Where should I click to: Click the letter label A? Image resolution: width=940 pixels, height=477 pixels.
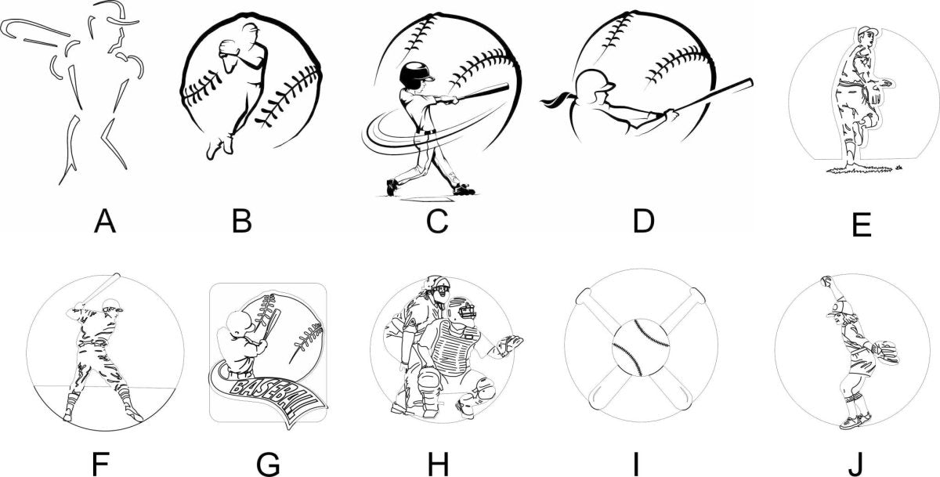point(105,221)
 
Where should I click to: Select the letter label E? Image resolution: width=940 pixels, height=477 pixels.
point(862,225)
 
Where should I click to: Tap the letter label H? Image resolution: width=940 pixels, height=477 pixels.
point(438,464)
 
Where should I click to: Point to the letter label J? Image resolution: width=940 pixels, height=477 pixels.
point(855,464)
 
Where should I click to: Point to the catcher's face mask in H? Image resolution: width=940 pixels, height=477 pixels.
point(464,313)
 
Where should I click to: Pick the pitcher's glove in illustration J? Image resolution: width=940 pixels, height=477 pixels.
point(884,352)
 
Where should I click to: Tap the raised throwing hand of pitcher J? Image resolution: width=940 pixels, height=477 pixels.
point(826,281)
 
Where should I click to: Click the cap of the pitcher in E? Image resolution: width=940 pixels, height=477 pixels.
point(866,32)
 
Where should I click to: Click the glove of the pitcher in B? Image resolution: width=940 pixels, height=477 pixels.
point(230,48)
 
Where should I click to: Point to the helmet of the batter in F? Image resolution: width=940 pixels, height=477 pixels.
point(113,305)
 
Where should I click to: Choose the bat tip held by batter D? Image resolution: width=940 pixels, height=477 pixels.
point(747,82)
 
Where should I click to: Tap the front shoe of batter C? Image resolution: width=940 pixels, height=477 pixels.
point(463,190)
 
